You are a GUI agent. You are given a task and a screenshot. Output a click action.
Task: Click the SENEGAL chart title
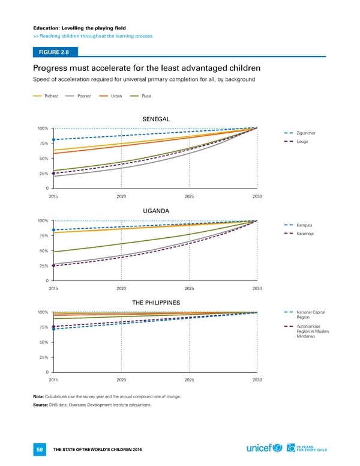[x=156, y=118]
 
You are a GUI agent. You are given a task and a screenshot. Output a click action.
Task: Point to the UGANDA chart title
[x=156, y=211]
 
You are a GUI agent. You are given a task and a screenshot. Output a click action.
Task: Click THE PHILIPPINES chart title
[x=156, y=302]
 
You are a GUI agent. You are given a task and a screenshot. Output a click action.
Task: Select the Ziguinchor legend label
[x=307, y=133]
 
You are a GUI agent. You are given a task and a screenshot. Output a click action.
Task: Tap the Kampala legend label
[x=305, y=225]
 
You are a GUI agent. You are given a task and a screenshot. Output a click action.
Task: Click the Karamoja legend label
[x=306, y=234]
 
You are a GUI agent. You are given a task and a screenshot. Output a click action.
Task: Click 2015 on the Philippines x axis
[x=53, y=380]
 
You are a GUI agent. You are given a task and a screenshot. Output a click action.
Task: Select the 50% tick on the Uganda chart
[x=43, y=251]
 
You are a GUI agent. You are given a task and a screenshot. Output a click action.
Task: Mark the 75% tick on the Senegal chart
[x=43, y=144]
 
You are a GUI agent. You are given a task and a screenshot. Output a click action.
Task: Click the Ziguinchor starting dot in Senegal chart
[x=53, y=140]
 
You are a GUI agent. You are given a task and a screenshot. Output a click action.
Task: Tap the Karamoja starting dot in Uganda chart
[x=53, y=265]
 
